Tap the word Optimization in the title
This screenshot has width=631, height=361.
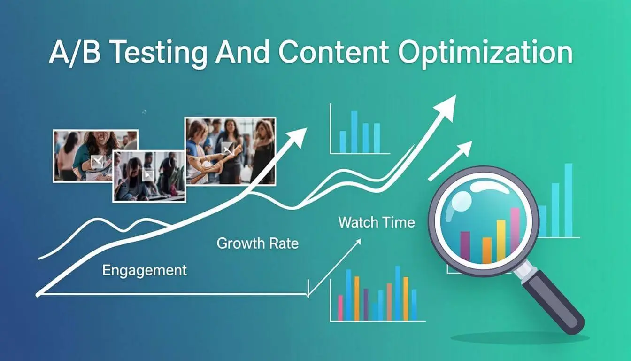tap(485, 53)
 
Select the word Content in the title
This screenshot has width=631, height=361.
tap(334, 52)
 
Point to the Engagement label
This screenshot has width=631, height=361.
tap(145, 270)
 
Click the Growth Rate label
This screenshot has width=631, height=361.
tap(257, 243)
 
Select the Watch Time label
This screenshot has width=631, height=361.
tap(377, 222)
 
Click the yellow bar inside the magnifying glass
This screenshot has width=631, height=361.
tap(501, 240)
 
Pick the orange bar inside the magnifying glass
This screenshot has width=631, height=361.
tap(487, 251)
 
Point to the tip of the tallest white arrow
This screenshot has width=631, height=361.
tap(455, 95)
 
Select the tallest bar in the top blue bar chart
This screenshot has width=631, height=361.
tap(354, 132)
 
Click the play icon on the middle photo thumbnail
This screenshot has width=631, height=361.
tap(148, 175)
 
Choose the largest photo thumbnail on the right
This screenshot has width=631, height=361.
tap(230, 151)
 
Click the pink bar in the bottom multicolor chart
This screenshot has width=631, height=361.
tap(340, 308)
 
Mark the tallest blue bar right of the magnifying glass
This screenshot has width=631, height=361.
tap(569, 200)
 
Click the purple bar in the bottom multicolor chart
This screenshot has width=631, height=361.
tap(366, 305)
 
